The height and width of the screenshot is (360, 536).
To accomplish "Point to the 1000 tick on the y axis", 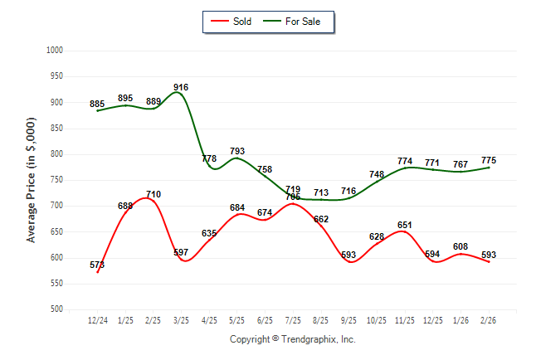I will click(x=56, y=51).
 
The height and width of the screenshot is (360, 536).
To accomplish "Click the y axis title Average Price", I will click(x=32, y=180).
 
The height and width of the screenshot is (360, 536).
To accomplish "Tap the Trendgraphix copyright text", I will click(x=292, y=339).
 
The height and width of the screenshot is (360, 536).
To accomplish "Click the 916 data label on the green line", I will click(x=181, y=87).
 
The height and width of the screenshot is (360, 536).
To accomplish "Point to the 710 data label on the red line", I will click(x=153, y=194).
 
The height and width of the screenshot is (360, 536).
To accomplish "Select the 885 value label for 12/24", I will click(x=97, y=105).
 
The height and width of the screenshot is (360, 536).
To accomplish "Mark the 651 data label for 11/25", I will click(x=405, y=225).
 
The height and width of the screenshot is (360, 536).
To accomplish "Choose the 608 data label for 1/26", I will click(x=461, y=246).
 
